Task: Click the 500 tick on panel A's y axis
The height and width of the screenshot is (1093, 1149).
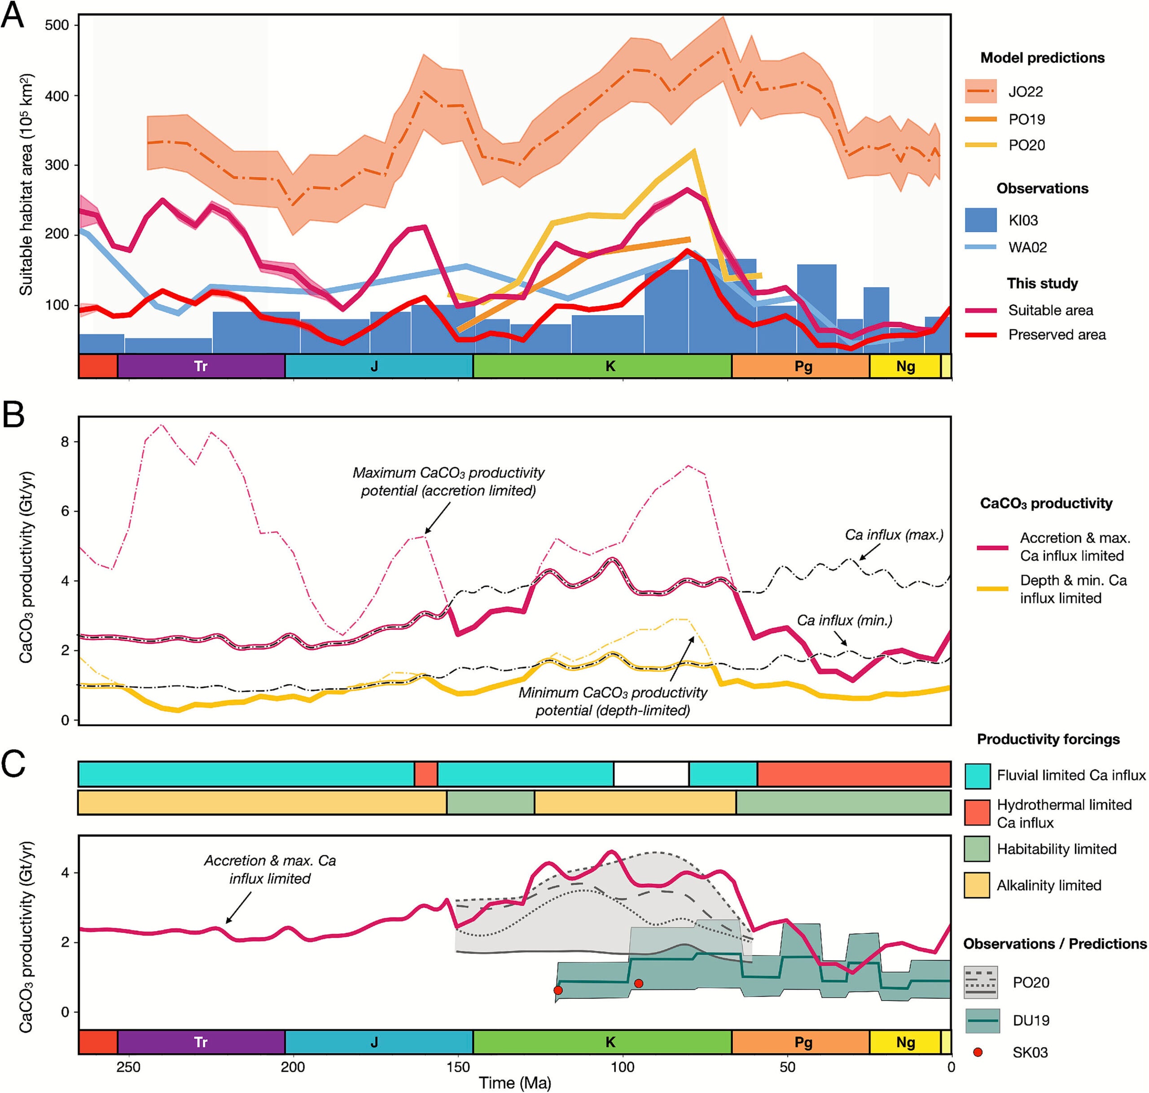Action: tap(57, 25)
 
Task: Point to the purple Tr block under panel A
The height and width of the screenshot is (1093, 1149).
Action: tap(201, 366)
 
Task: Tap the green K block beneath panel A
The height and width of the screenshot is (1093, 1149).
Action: tap(610, 366)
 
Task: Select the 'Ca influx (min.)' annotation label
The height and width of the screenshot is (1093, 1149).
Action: tap(844, 620)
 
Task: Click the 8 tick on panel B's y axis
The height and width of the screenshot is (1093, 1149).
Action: tap(64, 442)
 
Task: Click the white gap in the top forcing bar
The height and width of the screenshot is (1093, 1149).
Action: tap(651, 774)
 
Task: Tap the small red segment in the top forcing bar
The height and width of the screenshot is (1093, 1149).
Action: tap(426, 774)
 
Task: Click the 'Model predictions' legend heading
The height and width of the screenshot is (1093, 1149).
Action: tap(1042, 57)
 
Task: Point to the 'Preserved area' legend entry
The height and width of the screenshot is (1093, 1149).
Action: tap(1057, 334)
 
